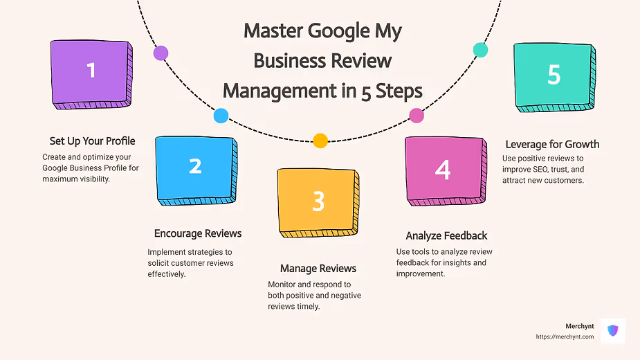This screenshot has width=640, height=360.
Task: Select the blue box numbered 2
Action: click(x=195, y=168)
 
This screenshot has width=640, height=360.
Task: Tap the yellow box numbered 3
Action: click(x=318, y=201)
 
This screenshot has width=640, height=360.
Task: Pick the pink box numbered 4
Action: click(x=443, y=169)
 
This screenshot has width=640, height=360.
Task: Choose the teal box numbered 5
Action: click(x=554, y=75)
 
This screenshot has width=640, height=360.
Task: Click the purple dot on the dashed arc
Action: click(x=161, y=53)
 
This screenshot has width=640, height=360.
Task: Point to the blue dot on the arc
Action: click(x=221, y=116)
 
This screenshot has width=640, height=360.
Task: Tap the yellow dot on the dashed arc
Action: click(x=320, y=141)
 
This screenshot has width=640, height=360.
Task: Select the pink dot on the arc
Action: click(x=417, y=116)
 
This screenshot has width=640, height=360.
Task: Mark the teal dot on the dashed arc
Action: click(x=479, y=50)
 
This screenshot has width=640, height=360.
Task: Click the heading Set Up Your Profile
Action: click(x=92, y=141)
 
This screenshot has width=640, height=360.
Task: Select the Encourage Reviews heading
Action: click(x=198, y=233)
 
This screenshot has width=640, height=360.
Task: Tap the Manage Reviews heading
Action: click(x=318, y=268)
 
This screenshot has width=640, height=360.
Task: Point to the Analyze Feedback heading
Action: click(x=446, y=236)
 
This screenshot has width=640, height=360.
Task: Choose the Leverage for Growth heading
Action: click(x=552, y=145)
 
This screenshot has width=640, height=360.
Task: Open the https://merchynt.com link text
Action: click(x=565, y=337)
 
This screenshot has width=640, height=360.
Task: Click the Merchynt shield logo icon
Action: click(x=612, y=331)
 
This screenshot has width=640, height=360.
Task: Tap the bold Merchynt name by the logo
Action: click(x=579, y=326)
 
